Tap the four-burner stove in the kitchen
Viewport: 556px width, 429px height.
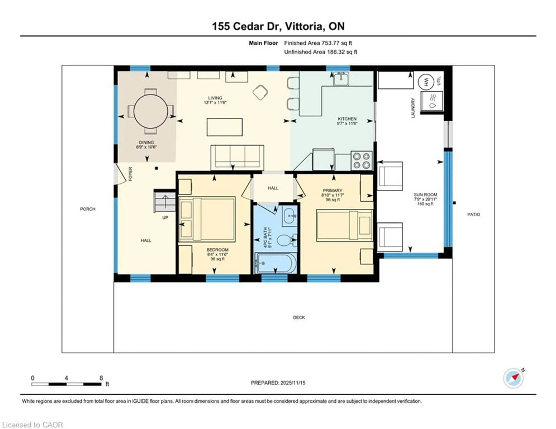pyautogui.click(x=361, y=160)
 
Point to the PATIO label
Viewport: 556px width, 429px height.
pyautogui.click(x=473, y=214)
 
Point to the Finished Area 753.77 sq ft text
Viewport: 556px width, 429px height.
pyautogui.click(x=318, y=43)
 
